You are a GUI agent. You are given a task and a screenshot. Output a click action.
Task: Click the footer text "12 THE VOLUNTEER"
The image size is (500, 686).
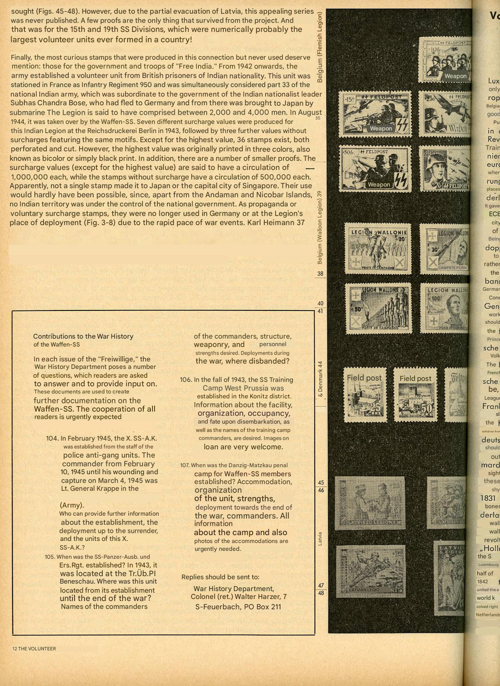click(x=34, y=648)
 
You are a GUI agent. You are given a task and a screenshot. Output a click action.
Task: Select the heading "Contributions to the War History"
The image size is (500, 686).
click(x=83, y=336)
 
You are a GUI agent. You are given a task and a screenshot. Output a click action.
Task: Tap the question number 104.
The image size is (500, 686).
click(x=52, y=438)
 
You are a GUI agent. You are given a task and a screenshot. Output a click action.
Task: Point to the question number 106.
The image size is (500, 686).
click(x=186, y=380)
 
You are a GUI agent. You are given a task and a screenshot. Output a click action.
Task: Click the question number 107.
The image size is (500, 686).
click(x=185, y=465)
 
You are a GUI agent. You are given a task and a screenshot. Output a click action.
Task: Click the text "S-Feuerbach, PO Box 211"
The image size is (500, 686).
click(x=238, y=607)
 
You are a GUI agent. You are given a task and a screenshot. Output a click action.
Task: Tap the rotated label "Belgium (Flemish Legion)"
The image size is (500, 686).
click(x=320, y=47)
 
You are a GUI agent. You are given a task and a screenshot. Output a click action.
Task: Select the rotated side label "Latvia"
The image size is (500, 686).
click(x=320, y=538)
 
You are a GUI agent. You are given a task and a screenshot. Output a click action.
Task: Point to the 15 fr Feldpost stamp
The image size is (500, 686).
click(x=375, y=114)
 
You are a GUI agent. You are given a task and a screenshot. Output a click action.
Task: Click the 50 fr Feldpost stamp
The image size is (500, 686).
click(x=375, y=169)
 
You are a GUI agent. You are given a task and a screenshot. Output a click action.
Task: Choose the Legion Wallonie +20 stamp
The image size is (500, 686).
click(x=378, y=248)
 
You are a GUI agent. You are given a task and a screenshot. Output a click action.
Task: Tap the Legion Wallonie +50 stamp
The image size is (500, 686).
click(x=378, y=308)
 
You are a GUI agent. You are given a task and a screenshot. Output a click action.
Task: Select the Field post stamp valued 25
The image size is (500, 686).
click(x=365, y=395)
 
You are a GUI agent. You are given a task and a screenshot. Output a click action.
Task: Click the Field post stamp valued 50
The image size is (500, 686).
click(x=415, y=395)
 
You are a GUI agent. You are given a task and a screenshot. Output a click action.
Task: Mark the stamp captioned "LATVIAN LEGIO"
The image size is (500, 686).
click(x=371, y=571)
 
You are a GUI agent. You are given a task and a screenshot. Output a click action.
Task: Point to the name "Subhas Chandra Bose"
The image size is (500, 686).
click(x=43, y=103)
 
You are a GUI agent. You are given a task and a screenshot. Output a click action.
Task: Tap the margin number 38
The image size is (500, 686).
click(x=320, y=274)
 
